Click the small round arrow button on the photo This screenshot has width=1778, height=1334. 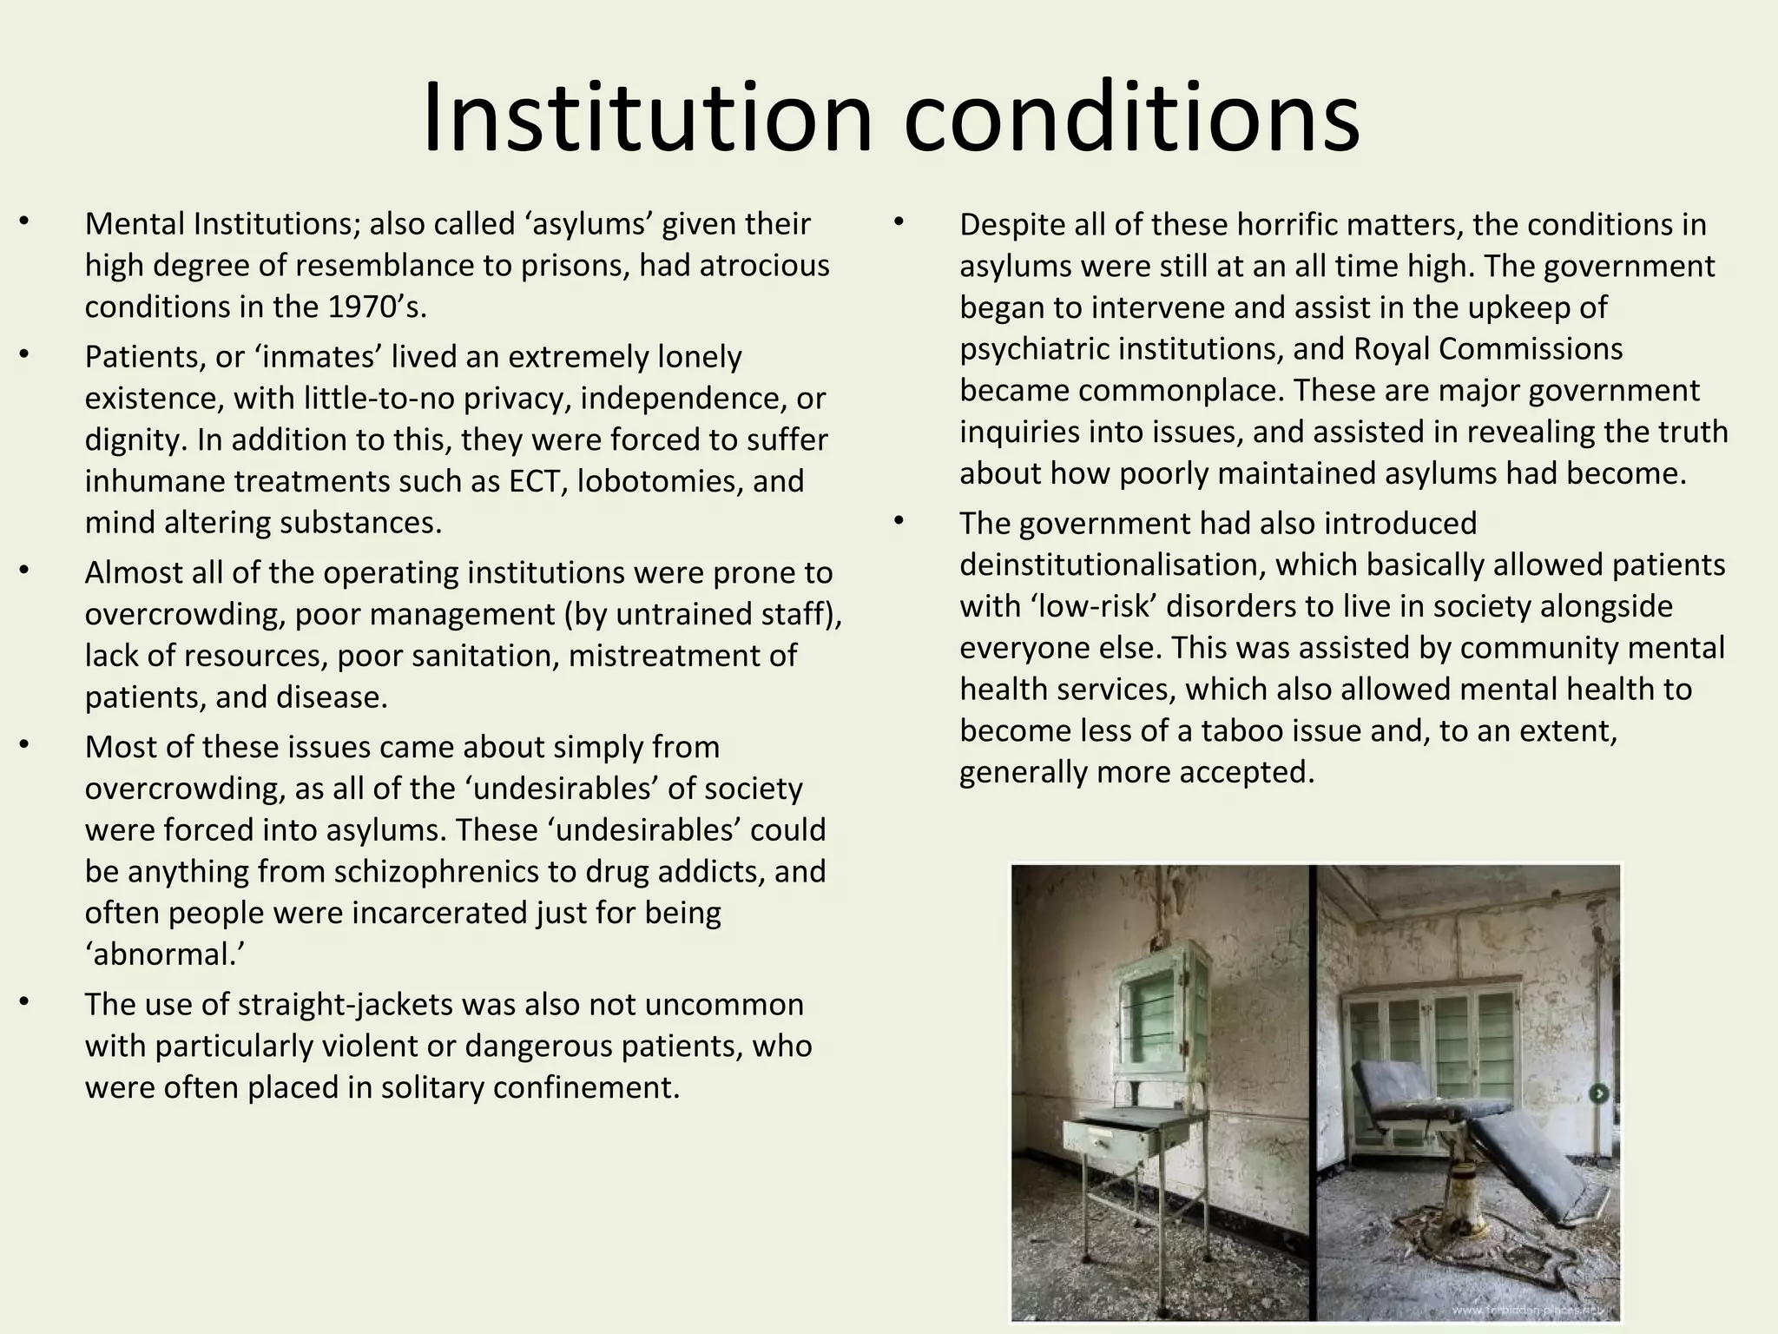(x=1599, y=1094)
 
